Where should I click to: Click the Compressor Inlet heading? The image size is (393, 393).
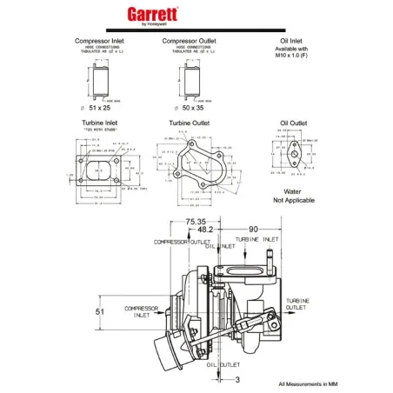(x=103, y=41)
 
